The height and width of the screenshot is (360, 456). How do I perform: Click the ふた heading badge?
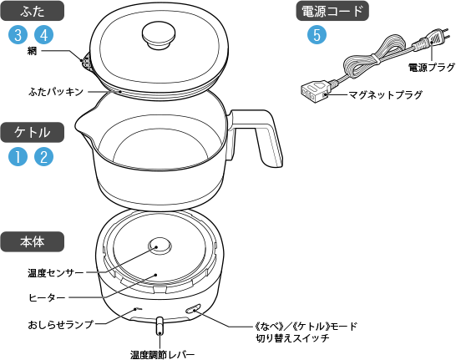tap(32, 11)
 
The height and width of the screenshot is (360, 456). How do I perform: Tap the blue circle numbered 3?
tap(18, 35)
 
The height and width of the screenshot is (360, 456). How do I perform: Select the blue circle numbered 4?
tap(44, 35)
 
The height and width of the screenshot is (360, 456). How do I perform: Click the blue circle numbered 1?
tap(18, 157)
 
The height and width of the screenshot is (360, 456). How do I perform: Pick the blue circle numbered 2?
tap(44, 157)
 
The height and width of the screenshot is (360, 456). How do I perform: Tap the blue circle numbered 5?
tap(317, 35)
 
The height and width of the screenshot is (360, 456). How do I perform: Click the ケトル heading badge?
tap(32, 132)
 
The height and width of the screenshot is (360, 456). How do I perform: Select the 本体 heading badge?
tap(32, 241)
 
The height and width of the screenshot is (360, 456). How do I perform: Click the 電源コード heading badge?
tap(332, 11)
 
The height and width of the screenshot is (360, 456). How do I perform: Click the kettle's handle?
tap(256, 137)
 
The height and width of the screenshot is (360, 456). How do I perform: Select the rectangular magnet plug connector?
tap(315, 91)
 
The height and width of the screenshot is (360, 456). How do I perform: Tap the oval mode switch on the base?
tap(194, 308)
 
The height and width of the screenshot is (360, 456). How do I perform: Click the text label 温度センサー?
tap(56, 273)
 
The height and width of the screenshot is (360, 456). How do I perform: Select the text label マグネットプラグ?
tap(385, 94)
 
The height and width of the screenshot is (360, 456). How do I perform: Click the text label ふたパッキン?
tap(56, 92)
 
